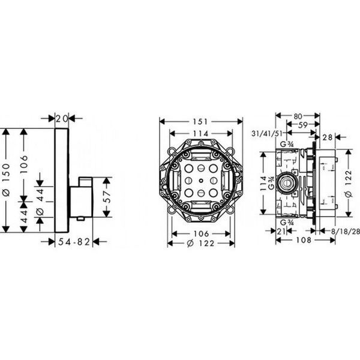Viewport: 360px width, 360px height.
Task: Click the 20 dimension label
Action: coord(62,119)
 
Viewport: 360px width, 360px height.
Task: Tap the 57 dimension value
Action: coord(107,197)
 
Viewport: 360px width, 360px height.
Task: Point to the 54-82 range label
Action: coord(74,242)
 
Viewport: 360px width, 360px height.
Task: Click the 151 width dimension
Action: coord(200,121)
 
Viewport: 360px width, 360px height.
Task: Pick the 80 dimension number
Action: coord(298,116)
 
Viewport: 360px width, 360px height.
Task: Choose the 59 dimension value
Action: coord(303,125)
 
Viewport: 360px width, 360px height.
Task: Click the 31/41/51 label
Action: coord(267,133)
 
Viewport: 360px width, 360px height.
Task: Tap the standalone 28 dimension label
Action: coord(328,137)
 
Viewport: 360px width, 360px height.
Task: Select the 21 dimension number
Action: coord(281,231)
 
